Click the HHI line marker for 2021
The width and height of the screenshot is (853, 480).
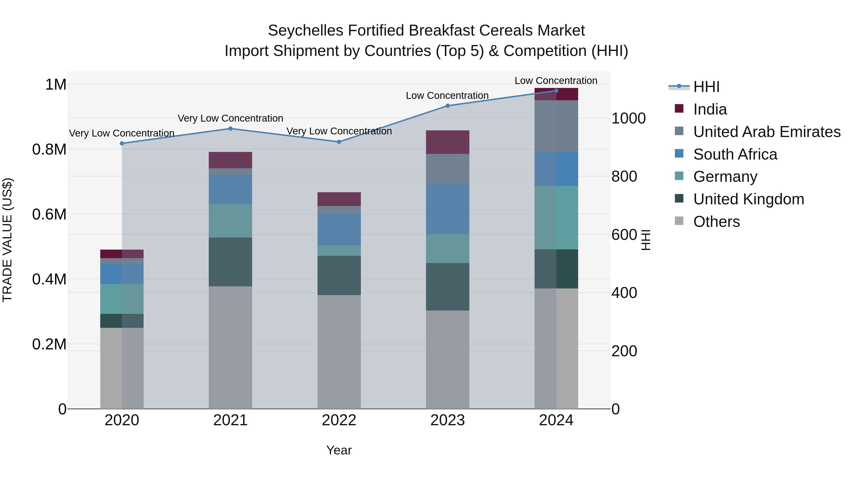coord(231,128)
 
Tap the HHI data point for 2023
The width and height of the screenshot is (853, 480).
coord(447,106)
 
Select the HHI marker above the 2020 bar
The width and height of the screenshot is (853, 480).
coord(122,143)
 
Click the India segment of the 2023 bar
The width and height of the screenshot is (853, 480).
coord(447,142)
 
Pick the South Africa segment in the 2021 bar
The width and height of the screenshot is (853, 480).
coord(231,190)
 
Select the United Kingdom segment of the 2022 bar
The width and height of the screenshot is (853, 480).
coord(339,275)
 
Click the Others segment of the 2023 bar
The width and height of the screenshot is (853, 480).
coord(447,359)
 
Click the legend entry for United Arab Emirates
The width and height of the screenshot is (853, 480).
coord(767,132)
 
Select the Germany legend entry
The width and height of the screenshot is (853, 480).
coord(725,177)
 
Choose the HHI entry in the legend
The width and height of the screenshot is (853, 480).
coord(706,87)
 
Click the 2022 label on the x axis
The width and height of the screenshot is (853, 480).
coord(339,420)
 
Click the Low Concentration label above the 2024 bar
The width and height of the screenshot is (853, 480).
coord(556,81)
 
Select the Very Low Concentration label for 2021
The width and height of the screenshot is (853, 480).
coord(231,118)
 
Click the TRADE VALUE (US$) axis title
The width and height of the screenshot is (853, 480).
coord(7,240)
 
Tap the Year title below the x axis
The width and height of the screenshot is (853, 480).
coord(339,450)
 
